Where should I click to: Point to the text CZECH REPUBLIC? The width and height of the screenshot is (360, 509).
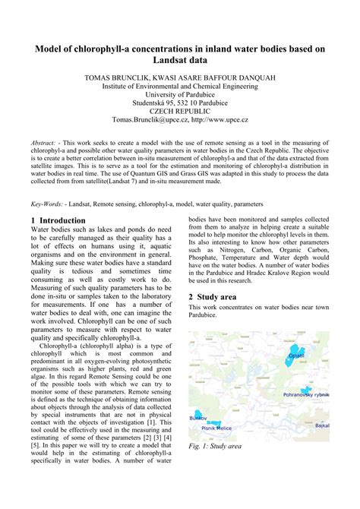[180, 109]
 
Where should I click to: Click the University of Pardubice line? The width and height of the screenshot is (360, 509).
[180, 99]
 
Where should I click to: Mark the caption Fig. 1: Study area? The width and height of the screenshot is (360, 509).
[216, 446]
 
